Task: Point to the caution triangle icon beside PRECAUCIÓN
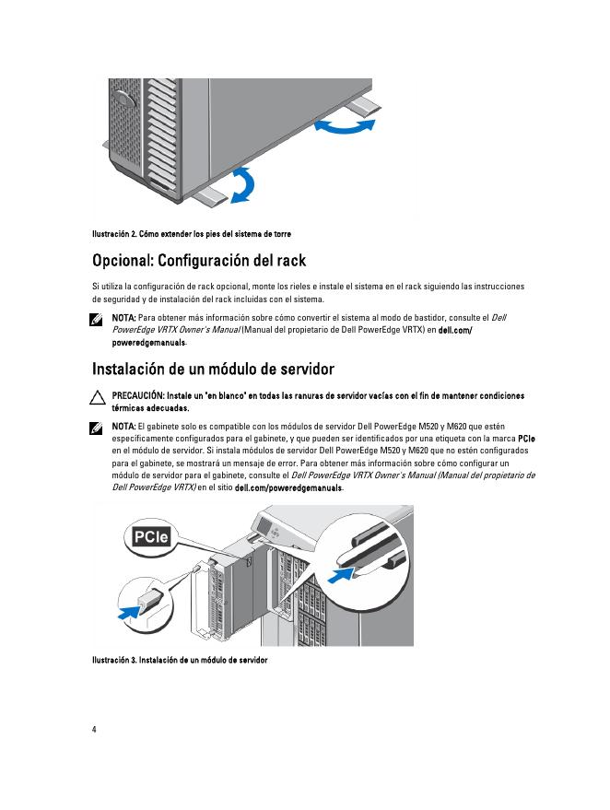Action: click(97, 398)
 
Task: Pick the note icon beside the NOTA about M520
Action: click(97, 428)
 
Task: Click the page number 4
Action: click(94, 729)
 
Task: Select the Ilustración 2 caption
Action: click(191, 233)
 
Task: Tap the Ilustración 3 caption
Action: click(179, 661)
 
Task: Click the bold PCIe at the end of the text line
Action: click(527, 440)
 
